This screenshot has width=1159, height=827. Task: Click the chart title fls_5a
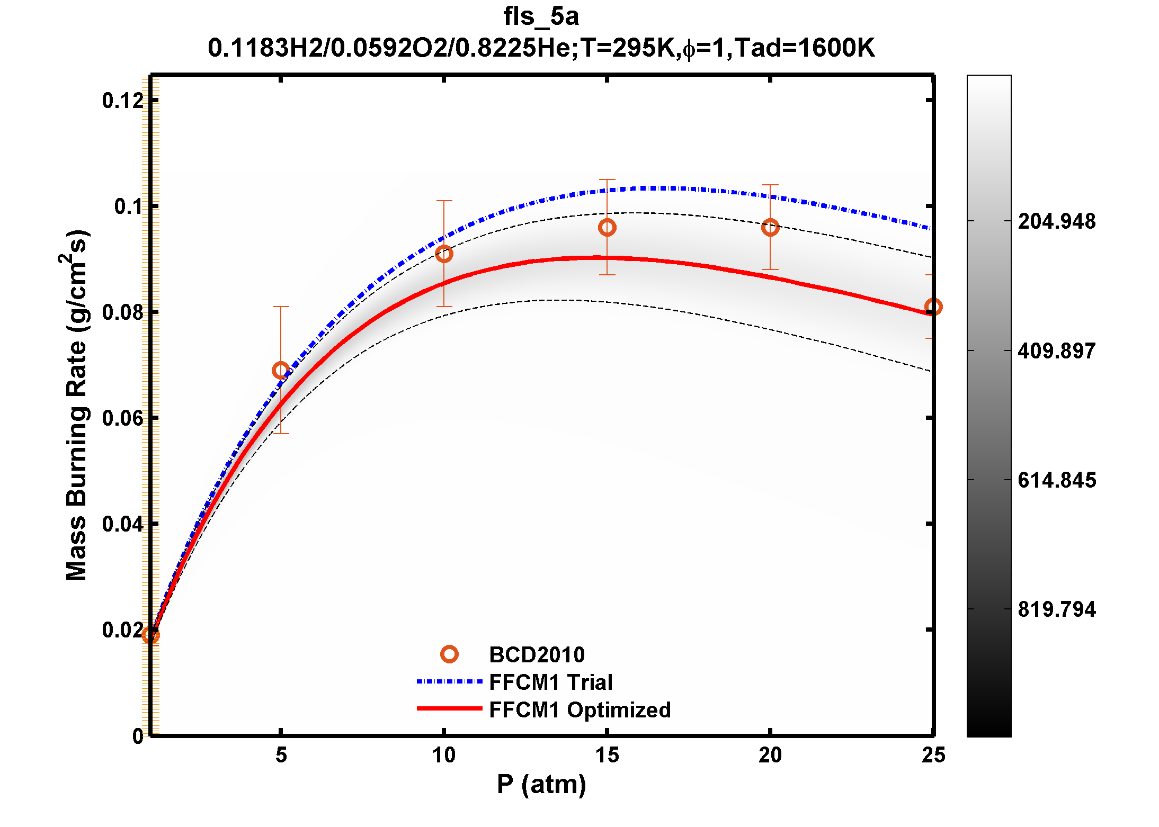click(541, 17)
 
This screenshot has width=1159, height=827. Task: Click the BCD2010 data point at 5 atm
click(281, 370)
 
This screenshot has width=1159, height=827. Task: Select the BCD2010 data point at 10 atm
click(444, 254)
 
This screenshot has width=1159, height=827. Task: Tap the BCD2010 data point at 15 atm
click(607, 228)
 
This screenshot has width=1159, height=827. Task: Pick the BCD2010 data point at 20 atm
click(770, 228)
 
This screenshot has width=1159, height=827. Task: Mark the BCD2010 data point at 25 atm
click(933, 307)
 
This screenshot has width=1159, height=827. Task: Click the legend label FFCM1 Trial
click(550, 682)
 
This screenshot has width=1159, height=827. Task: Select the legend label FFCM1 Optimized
click(579, 710)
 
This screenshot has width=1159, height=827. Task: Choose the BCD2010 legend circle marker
click(449, 654)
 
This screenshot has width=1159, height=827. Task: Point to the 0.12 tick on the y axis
click(123, 100)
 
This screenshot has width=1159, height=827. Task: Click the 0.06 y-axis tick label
click(123, 418)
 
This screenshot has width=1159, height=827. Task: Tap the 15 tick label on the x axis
click(607, 755)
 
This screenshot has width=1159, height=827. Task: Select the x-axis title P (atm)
click(541, 784)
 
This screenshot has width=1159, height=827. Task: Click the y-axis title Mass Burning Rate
click(77, 405)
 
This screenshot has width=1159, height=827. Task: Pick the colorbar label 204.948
click(1056, 221)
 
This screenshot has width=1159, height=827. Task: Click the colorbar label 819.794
click(1056, 609)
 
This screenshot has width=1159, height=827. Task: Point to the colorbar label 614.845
click(1056, 480)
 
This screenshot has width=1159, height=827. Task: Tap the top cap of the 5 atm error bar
click(281, 307)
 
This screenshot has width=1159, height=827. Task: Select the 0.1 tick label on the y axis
click(129, 206)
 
